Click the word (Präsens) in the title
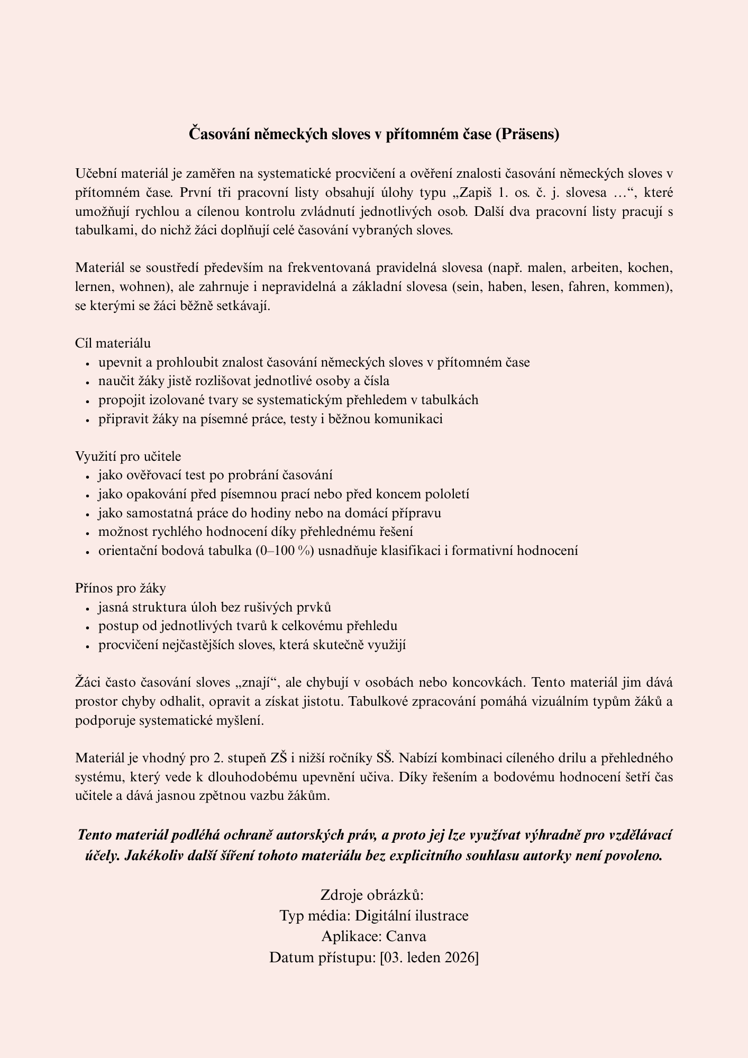(x=527, y=134)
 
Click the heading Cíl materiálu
(x=113, y=343)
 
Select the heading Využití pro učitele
(x=128, y=457)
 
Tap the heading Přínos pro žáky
(x=121, y=588)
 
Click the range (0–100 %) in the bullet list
(x=285, y=551)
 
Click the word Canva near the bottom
(x=406, y=936)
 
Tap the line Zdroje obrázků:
(x=373, y=895)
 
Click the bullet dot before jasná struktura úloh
(x=87, y=608)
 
